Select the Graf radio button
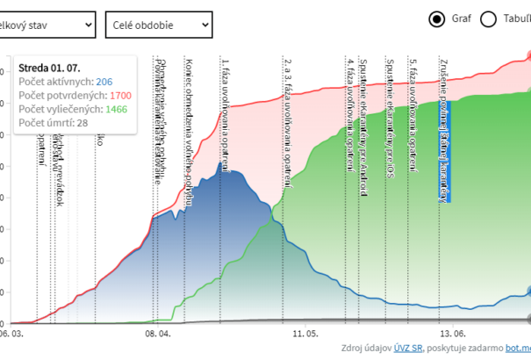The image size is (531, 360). [x=436, y=18]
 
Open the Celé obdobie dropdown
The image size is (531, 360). [x=158, y=25]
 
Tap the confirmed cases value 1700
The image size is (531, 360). [x=121, y=95]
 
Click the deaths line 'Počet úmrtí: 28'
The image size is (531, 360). [x=53, y=123]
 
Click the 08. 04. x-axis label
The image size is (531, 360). [x=158, y=334]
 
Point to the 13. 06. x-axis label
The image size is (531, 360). [x=452, y=334]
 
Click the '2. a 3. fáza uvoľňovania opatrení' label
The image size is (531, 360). [x=288, y=121]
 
